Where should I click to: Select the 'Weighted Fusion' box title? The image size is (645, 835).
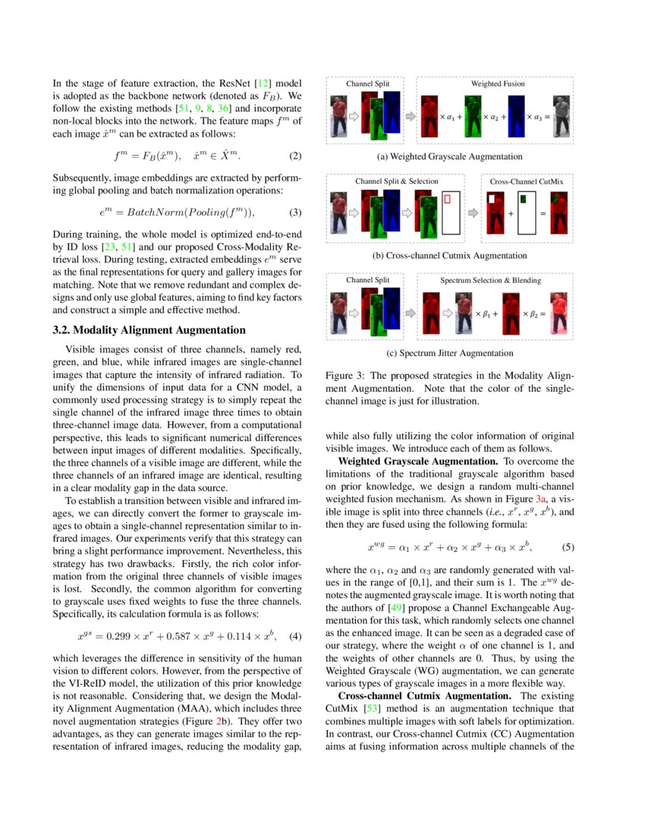(x=497, y=83)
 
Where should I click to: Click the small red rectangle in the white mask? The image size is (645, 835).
(x=448, y=199)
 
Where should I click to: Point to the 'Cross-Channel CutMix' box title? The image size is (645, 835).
(x=527, y=181)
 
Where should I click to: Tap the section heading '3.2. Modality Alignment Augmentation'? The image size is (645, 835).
(x=149, y=330)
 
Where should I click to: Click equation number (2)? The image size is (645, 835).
(x=295, y=157)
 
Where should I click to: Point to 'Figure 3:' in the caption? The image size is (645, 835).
(x=346, y=376)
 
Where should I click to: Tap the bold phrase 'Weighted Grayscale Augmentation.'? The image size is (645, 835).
(x=418, y=461)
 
